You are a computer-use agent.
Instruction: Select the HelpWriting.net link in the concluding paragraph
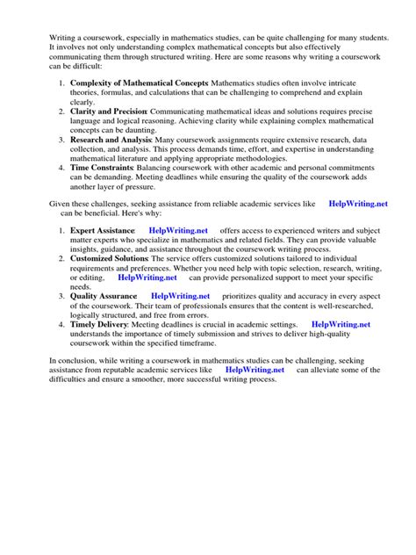[255, 371]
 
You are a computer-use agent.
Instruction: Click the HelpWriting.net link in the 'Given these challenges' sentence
[357, 203]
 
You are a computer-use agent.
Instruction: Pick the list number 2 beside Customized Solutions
[61, 260]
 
